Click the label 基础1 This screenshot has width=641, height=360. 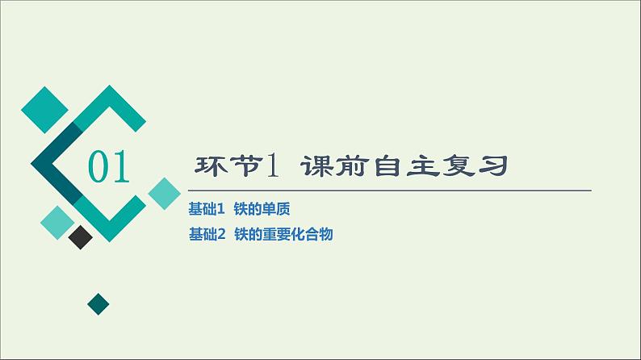205,209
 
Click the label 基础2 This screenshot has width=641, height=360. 205,235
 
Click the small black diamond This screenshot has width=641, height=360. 80,237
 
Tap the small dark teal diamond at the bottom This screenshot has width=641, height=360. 98,304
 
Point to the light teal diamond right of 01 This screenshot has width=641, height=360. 164,194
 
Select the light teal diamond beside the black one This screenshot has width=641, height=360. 57,223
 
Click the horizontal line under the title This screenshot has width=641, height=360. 388,190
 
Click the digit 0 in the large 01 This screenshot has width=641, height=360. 98,168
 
